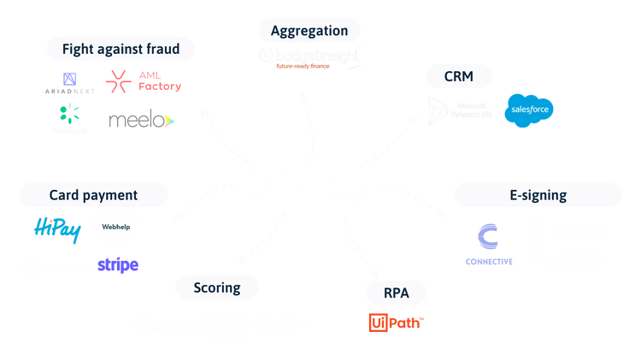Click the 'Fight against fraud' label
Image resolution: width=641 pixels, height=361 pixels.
pyautogui.click(x=121, y=50)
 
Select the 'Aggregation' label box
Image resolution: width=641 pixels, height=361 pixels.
pyautogui.click(x=309, y=31)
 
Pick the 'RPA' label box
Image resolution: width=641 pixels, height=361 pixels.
pyautogui.click(x=396, y=295)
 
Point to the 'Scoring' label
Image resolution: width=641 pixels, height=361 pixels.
pyautogui.click(x=215, y=288)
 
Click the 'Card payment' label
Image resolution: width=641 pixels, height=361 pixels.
pyautogui.click(x=92, y=195)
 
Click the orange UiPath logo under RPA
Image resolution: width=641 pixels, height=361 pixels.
pyautogui.click(x=396, y=323)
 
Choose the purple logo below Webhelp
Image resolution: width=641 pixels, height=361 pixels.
pyautogui.click(x=118, y=265)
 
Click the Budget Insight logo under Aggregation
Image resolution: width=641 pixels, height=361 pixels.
pyautogui.click(x=309, y=58)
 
